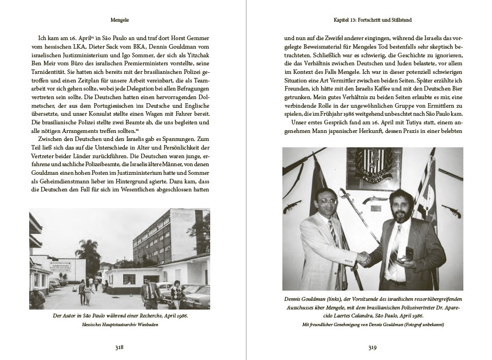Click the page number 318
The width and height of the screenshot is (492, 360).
pyautogui.click(x=119, y=346)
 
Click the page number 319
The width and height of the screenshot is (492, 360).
pyautogui.click(x=372, y=346)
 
